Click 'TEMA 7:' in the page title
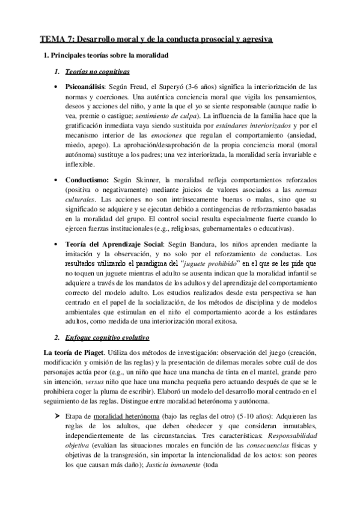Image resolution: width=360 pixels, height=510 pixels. coord(55,40)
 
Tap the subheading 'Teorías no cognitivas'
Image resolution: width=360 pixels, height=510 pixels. coord(99,72)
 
